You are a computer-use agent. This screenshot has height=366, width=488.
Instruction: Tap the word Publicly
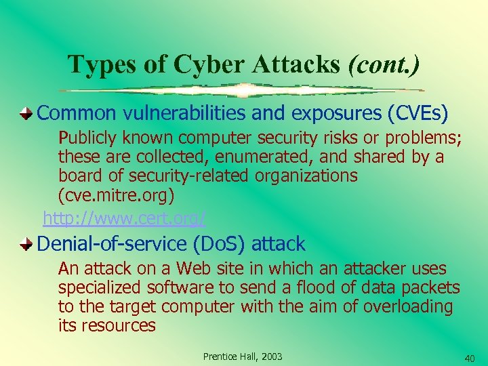(88, 138)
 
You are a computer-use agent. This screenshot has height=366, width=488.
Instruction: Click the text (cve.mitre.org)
(117, 195)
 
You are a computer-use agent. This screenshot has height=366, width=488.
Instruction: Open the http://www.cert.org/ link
(125, 218)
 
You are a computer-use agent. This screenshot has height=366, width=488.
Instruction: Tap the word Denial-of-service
(113, 243)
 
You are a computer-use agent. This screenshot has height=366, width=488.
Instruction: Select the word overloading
(407, 306)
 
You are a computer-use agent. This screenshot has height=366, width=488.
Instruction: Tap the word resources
(118, 325)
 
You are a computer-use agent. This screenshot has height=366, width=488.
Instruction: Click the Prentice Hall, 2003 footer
(243, 357)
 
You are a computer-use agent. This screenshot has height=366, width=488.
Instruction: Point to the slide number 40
(470, 357)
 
